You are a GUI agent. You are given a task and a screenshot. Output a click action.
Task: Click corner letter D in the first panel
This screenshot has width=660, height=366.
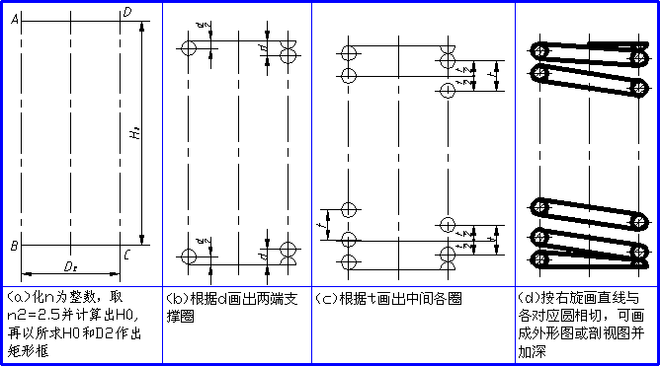[x=125, y=11]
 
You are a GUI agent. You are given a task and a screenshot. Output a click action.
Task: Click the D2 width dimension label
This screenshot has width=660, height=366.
[x=71, y=266]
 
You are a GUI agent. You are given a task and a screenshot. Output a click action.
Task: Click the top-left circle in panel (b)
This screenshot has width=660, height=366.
[x=190, y=48]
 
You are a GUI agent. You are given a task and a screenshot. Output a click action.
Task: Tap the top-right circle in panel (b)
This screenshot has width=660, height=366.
[x=288, y=55]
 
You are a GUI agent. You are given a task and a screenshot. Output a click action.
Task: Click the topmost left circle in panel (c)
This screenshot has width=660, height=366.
[x=347, y=52]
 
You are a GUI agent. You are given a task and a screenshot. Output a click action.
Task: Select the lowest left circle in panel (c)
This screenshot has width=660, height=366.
[x=347, y=261]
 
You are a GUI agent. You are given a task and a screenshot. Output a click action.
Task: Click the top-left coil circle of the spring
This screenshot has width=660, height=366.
[x=539, y=48]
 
